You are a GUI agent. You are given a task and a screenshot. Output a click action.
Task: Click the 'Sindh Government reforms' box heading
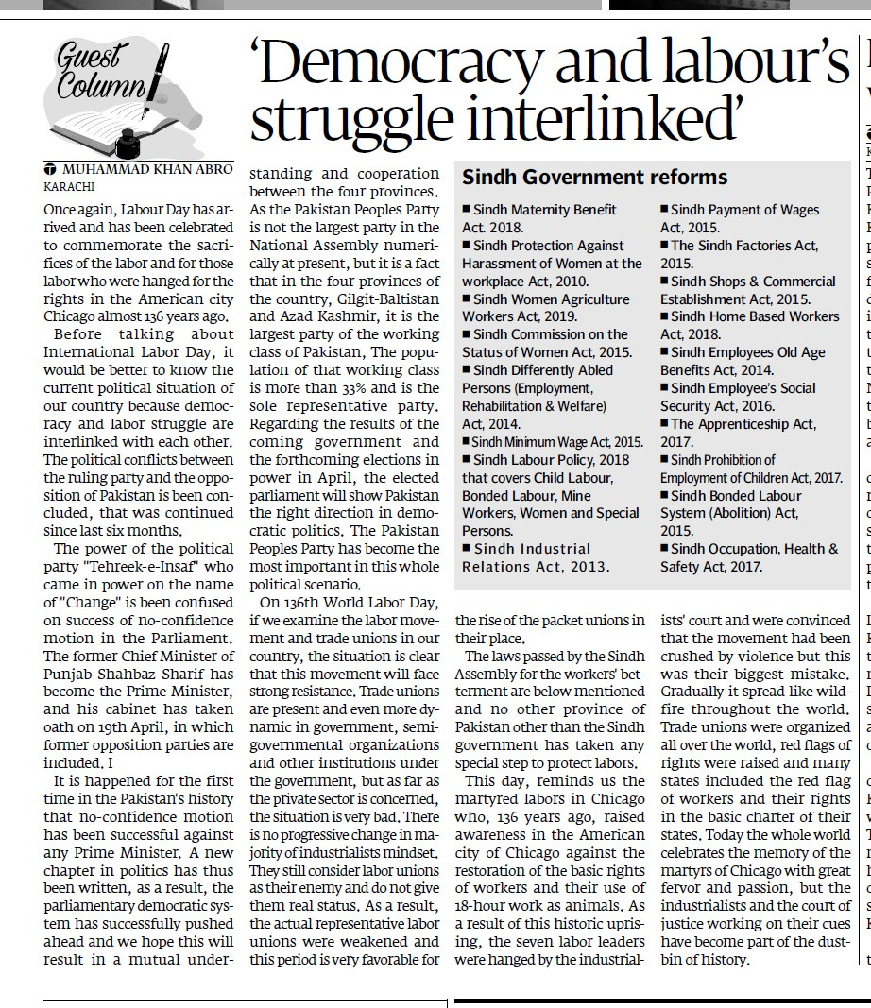(x=594, y=178)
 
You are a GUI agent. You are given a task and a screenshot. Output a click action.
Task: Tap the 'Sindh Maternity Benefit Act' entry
(x=538, y=218)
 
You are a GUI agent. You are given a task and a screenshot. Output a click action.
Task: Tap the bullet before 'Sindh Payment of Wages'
(x=664, y=210)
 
